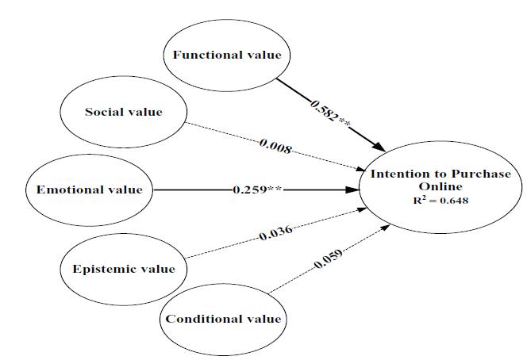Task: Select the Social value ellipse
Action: click(x=123, y=112)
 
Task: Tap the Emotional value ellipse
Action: click(x=89, y=190)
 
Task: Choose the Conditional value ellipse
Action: click(x=222, y=319)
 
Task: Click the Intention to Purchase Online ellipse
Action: click(x=440, y=190)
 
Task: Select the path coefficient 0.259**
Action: click(x=258, y=190)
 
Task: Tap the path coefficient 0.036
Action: click(x=276, y=232)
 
